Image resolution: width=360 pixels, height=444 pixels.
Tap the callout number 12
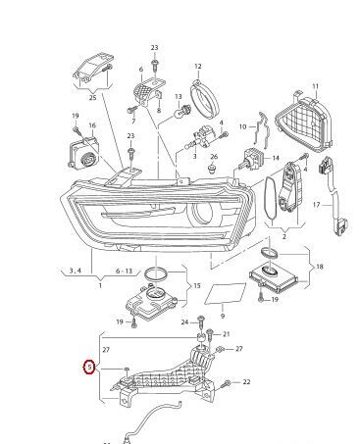pos(198,67)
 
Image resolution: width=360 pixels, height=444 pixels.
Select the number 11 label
pos(315,86)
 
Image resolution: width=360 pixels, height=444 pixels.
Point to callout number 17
pos(316,205)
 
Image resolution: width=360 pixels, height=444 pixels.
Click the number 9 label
pos(223,316)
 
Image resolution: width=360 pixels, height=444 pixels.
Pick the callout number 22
pos(246,381)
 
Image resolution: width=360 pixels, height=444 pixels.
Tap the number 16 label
pos(92,125)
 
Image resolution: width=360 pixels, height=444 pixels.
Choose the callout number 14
pos(276,158)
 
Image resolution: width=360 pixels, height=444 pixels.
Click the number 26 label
pos(214,157)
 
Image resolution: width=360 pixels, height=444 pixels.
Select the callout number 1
pos(100,285)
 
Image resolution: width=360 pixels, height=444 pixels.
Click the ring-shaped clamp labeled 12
pos(204,98)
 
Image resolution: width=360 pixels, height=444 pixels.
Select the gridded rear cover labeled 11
pos(304,123)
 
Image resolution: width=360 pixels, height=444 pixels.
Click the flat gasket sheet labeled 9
pos(226,294)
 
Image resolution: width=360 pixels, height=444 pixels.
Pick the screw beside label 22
pos(227,383)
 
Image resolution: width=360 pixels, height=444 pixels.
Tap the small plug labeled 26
pos(213,169)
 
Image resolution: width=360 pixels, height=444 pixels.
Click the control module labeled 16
pos(84,153)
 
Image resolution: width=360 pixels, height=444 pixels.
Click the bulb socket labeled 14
pos(254,157)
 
